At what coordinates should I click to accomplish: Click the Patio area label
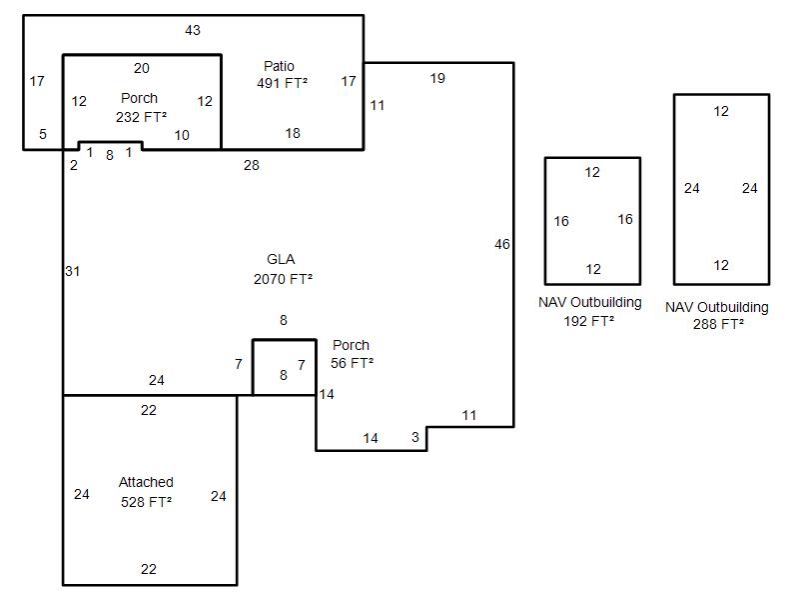(x=279, y=66)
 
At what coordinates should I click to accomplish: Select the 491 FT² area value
(x=283, y=83)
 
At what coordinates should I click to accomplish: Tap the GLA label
(x=281, y=259)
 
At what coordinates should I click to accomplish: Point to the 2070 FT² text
(x=283, y=279)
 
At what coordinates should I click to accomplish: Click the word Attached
(x=146, y=482)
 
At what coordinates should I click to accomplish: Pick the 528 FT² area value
(x=146, y=502)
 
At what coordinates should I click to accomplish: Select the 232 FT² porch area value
(x=141, y=117)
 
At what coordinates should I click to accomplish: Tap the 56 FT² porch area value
(x=353, y=363)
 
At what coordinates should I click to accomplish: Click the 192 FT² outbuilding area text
(x=589, y=321)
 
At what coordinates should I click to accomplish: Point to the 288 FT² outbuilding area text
(x=718, y=324)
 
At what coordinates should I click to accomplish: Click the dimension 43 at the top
(x=193, y=30)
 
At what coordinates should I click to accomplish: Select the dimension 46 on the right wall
(x=502, y=244)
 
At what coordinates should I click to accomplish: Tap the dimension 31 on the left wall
(x=72, y=271)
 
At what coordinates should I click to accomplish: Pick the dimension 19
(x=437, y=78)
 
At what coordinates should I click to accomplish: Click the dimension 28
(x=252, y=165)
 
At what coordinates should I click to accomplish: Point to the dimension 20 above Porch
(x=142, y=68)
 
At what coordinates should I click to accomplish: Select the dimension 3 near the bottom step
(x=415, y=437)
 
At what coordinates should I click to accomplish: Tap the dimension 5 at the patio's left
(x=43, y=134)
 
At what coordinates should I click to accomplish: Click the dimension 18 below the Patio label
(x=293, y=133)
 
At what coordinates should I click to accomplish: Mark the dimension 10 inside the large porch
(x=182, y=135)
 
